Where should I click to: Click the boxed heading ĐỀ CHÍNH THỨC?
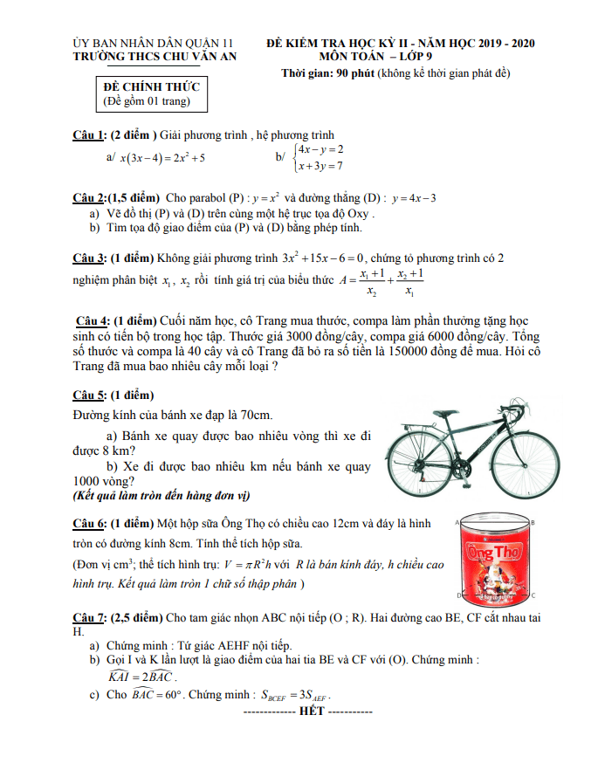(151, 86)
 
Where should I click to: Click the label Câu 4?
(92, 320)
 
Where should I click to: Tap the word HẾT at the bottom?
(311, 711)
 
